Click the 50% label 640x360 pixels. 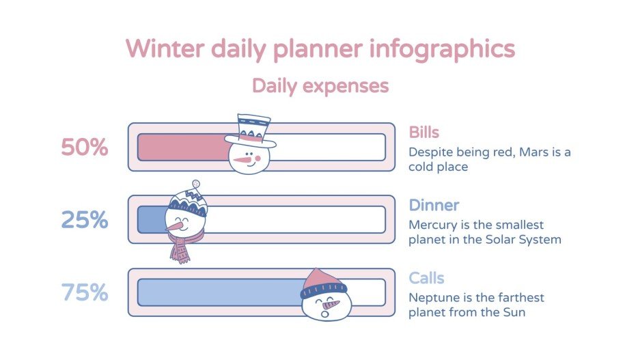pyautogui.click(x=85, y=147)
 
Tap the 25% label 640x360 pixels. pyautogui.click(x=85, y=220)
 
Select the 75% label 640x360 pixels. pyautogui.click(x=85, y=292)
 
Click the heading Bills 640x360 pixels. pyautogui.click(x=423, y=132)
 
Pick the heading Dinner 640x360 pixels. pyautogui.click(x=434, y=205)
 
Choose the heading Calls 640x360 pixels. pyautogui.click(x=426, y=278)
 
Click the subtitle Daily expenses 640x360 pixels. pyautogui.click(x=320, y=86)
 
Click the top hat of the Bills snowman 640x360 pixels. pyautogui.click(x=251, y=130)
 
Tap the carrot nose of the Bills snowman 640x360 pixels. pyautogui.click(x=240, y=161)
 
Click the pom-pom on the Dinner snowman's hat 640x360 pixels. pyautogui.click(x=197, y=184)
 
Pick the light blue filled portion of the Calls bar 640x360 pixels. pyautogui.click(x=219, y=292)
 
